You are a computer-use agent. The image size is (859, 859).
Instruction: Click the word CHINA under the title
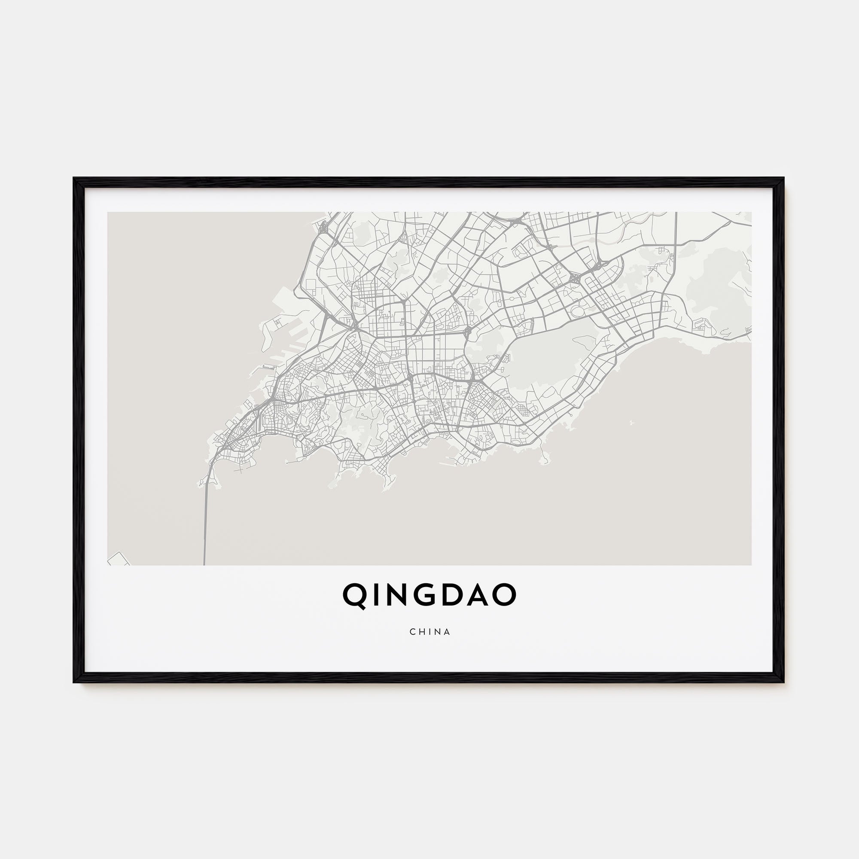click(429, 632)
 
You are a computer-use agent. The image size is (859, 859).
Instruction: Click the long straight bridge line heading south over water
click(205, 525)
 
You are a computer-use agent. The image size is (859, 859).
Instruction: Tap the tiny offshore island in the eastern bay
click(631, 423)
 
